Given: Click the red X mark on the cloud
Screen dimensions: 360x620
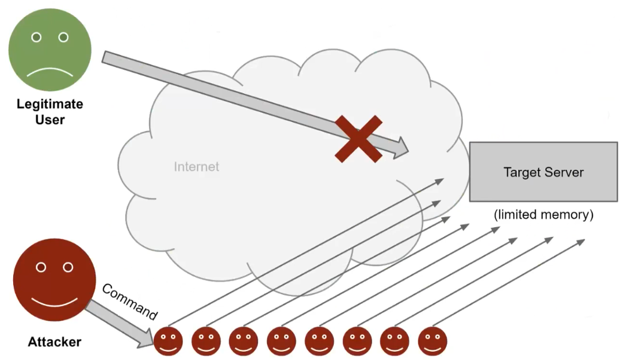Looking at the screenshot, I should pyautogui.click(x=358, y=139).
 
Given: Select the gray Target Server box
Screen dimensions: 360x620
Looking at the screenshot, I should pyautogui.click(x=543, y=172).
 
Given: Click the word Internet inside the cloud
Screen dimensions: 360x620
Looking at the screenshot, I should pyautogui.click(x=196, y=167).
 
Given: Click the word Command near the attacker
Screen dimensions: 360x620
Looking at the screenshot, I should pyautogui.click(x=130, y=302).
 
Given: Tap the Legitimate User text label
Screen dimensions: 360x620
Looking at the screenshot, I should pyautogui.click(x=50, y=111).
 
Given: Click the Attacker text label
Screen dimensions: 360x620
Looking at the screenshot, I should pyautogui.click(x=54, y=343).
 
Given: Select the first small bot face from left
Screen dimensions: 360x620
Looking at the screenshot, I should pyautogui.click(x=168, y=341).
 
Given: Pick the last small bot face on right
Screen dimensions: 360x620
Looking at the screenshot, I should pyautogui.click(x=432, y=341).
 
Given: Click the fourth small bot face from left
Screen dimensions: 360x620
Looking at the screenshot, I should pyautogui.click(x=281, y=341).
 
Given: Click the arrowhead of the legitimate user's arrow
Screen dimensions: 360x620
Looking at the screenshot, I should pyautogui.click(x=400, y=146).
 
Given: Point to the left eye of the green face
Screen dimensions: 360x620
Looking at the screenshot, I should pyautogui.click(x=37, y=37).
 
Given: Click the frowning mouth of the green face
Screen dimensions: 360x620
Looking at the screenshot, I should pyautogui.click(x=50, y=72).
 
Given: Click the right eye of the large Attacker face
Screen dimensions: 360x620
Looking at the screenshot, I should pyautogui.click(x=68, y=267).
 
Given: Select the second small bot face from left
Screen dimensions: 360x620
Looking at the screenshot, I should pyautogui.click(x=206, y=341).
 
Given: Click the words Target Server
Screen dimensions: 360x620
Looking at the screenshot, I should pyautogui.click(x=543, y=173).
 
